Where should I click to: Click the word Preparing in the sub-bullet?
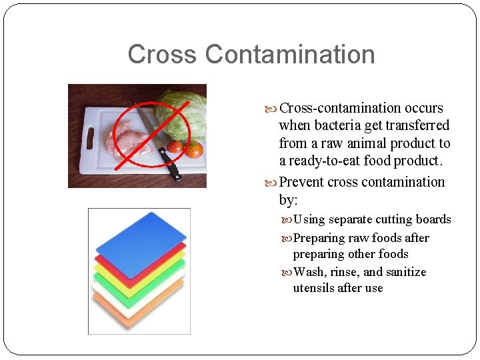coord(319,238)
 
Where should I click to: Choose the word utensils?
coord(315,288)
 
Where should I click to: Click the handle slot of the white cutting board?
coord(89,139)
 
